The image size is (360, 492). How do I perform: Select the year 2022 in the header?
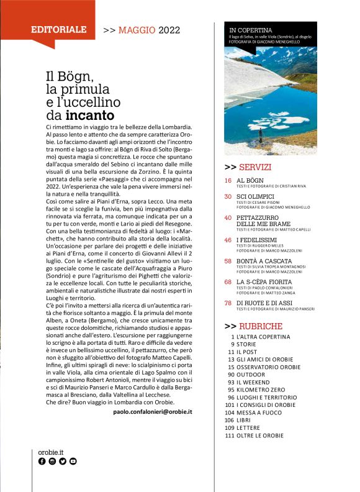(169, 29)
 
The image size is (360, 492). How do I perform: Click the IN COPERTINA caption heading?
(251, 29)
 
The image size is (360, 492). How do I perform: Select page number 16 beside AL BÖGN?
(228, 180)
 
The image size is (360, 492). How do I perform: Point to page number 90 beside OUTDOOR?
(230, 374)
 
